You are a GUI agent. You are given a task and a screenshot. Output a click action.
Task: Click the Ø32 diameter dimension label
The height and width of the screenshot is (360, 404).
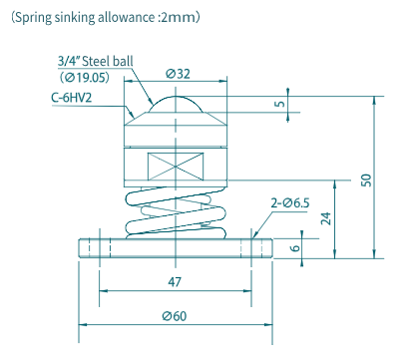click(x=178, y=74)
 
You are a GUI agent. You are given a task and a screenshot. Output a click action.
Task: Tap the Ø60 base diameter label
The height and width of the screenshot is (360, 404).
click(x=175, y=315)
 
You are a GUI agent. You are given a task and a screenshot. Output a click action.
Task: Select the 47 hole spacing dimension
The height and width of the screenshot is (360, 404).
click(x=175, y=282)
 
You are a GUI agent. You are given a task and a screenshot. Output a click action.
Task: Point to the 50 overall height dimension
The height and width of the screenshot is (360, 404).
click(x=365, y=180)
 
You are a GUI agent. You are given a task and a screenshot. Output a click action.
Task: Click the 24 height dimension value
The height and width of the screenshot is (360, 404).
click(x=326, y=218)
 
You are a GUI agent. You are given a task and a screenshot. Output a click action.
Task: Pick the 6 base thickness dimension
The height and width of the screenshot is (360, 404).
click(x=295, y=248)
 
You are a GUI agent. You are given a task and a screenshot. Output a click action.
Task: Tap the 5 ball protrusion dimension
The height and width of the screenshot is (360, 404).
click(x=280, y=104)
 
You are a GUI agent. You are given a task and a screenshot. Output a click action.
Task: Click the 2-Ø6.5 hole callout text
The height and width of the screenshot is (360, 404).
click(x=290, y=202)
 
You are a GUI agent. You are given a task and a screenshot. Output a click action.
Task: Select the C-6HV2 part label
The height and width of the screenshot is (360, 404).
click(x=72, y=98)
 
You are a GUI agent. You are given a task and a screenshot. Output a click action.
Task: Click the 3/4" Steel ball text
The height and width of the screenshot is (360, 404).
click(x=96, y=61)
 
